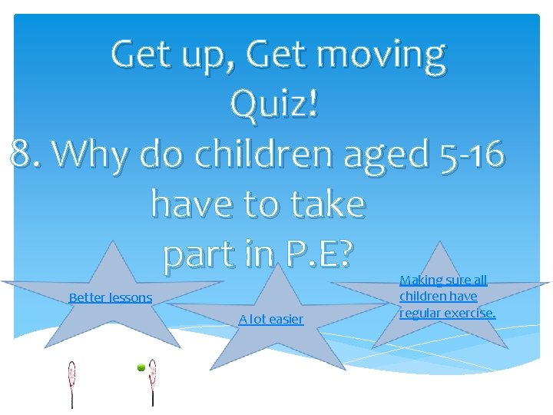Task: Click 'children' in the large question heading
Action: click(265, 154)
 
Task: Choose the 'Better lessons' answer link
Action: click(111, 297)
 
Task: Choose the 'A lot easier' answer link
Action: click(270, 319)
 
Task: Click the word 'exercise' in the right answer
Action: click(470, 312)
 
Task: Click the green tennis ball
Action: click(141, 368)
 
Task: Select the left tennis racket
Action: click(72, 382)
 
